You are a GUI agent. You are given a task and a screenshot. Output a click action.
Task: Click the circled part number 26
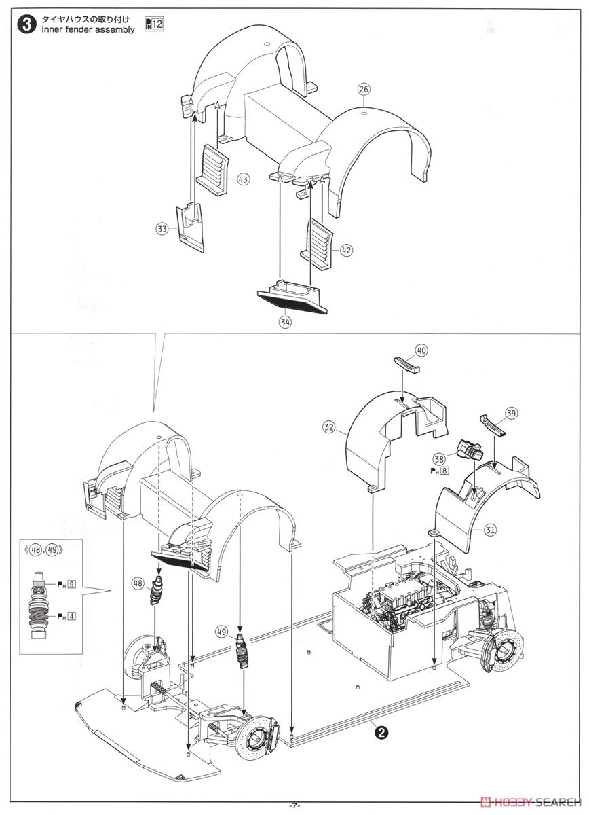(x=364, y=89)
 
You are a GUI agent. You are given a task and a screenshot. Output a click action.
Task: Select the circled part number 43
(x=242, y=179)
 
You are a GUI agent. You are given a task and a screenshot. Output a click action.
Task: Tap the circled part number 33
(x=161, y=230)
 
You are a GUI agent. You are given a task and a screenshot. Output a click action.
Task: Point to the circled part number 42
(x=346, y=250)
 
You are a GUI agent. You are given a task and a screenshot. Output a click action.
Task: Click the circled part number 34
(x=285, y=323)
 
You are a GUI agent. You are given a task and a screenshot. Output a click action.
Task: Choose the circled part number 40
(x=421, y=350)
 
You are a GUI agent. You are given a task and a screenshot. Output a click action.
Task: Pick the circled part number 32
(x=329, y=427)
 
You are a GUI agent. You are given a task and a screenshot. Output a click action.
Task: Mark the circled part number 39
(x=512, y=412)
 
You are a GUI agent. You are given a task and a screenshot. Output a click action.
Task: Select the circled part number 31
(x=490, y=529)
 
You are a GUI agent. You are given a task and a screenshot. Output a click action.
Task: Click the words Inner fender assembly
(x=88, y=30)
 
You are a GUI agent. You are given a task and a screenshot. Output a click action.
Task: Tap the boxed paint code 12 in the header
(x=158, y=26)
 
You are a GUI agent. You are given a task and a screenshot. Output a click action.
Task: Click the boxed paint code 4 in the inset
(x=71, y=616)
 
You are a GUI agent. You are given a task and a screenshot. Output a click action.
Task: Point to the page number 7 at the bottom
(x=294, y=805)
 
